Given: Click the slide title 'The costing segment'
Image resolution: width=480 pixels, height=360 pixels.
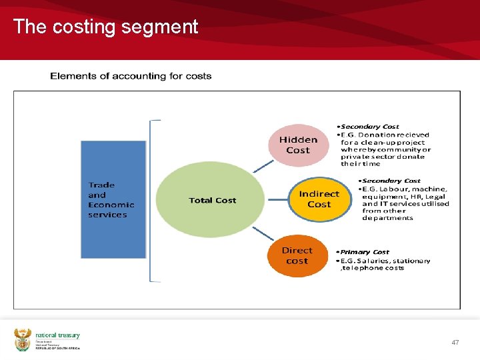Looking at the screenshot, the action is coord(105,27).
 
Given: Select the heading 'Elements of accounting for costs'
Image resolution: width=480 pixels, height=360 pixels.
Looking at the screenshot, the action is coord(131,76).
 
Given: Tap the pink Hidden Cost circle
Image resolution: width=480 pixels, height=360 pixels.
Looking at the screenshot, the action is coord(298,145).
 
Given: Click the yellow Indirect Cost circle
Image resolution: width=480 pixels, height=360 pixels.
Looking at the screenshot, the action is coord(319,199).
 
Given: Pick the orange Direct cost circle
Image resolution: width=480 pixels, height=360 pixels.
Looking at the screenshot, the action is coord(297,255).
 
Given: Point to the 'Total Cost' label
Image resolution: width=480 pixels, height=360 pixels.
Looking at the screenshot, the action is coord(212,200).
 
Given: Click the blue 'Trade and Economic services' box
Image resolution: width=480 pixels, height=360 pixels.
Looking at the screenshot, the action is coord(113,199).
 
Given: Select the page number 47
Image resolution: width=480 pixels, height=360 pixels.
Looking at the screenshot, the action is coord(455,342).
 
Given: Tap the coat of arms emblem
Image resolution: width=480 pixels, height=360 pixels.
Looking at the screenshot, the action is coord(23,340).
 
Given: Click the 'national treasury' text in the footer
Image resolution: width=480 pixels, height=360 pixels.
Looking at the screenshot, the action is coord(58,336).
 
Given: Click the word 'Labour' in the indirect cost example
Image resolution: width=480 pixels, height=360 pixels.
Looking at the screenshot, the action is coord(396,189).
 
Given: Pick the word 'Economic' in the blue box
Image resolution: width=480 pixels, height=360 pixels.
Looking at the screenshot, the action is coord(111,205).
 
